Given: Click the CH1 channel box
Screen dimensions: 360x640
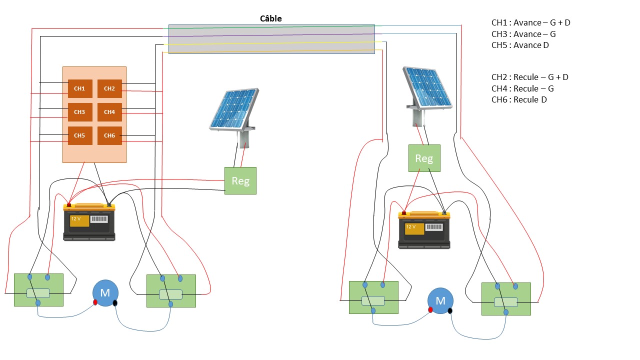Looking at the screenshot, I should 80,88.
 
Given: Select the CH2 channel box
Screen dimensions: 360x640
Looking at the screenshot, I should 109,88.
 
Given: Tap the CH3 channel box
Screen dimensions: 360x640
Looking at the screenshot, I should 80,112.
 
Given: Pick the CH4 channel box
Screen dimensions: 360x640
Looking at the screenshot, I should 109,112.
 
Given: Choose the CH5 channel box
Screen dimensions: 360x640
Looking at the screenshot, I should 80,135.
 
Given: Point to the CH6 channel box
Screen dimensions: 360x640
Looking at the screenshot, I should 109,135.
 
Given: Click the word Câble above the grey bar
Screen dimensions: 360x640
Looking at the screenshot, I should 271,18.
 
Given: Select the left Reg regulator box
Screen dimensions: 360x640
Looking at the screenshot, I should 240,180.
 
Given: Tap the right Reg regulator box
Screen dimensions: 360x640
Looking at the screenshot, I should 424,158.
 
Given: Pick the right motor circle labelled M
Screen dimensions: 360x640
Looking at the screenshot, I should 440,300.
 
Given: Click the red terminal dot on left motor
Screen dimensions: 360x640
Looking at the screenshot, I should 95,302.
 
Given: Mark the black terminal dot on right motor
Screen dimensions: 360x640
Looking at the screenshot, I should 450,310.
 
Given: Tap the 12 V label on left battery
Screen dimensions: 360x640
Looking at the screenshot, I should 75,219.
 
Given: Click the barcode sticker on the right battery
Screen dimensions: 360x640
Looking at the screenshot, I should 434,227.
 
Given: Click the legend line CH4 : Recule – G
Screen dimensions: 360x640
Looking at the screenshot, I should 522,88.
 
